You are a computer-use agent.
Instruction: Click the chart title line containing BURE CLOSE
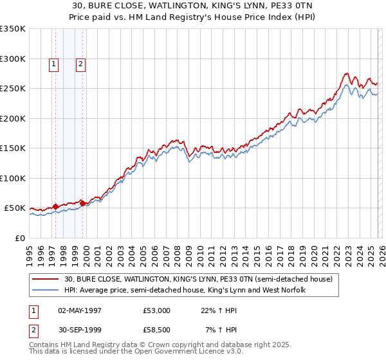pos(192,6)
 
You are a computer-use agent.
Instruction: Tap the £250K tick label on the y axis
pos(13,89)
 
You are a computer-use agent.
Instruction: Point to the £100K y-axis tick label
pos(13,178)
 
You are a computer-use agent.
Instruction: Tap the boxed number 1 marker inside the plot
pos(53,64)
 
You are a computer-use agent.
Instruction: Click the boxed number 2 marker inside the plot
pos(80,64)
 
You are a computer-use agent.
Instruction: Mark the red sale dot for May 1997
pos(56,206)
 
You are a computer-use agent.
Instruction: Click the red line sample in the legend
pos(47,279)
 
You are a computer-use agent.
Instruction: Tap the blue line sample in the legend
pos(47,290)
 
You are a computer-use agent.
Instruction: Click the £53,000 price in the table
pos(157,310)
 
